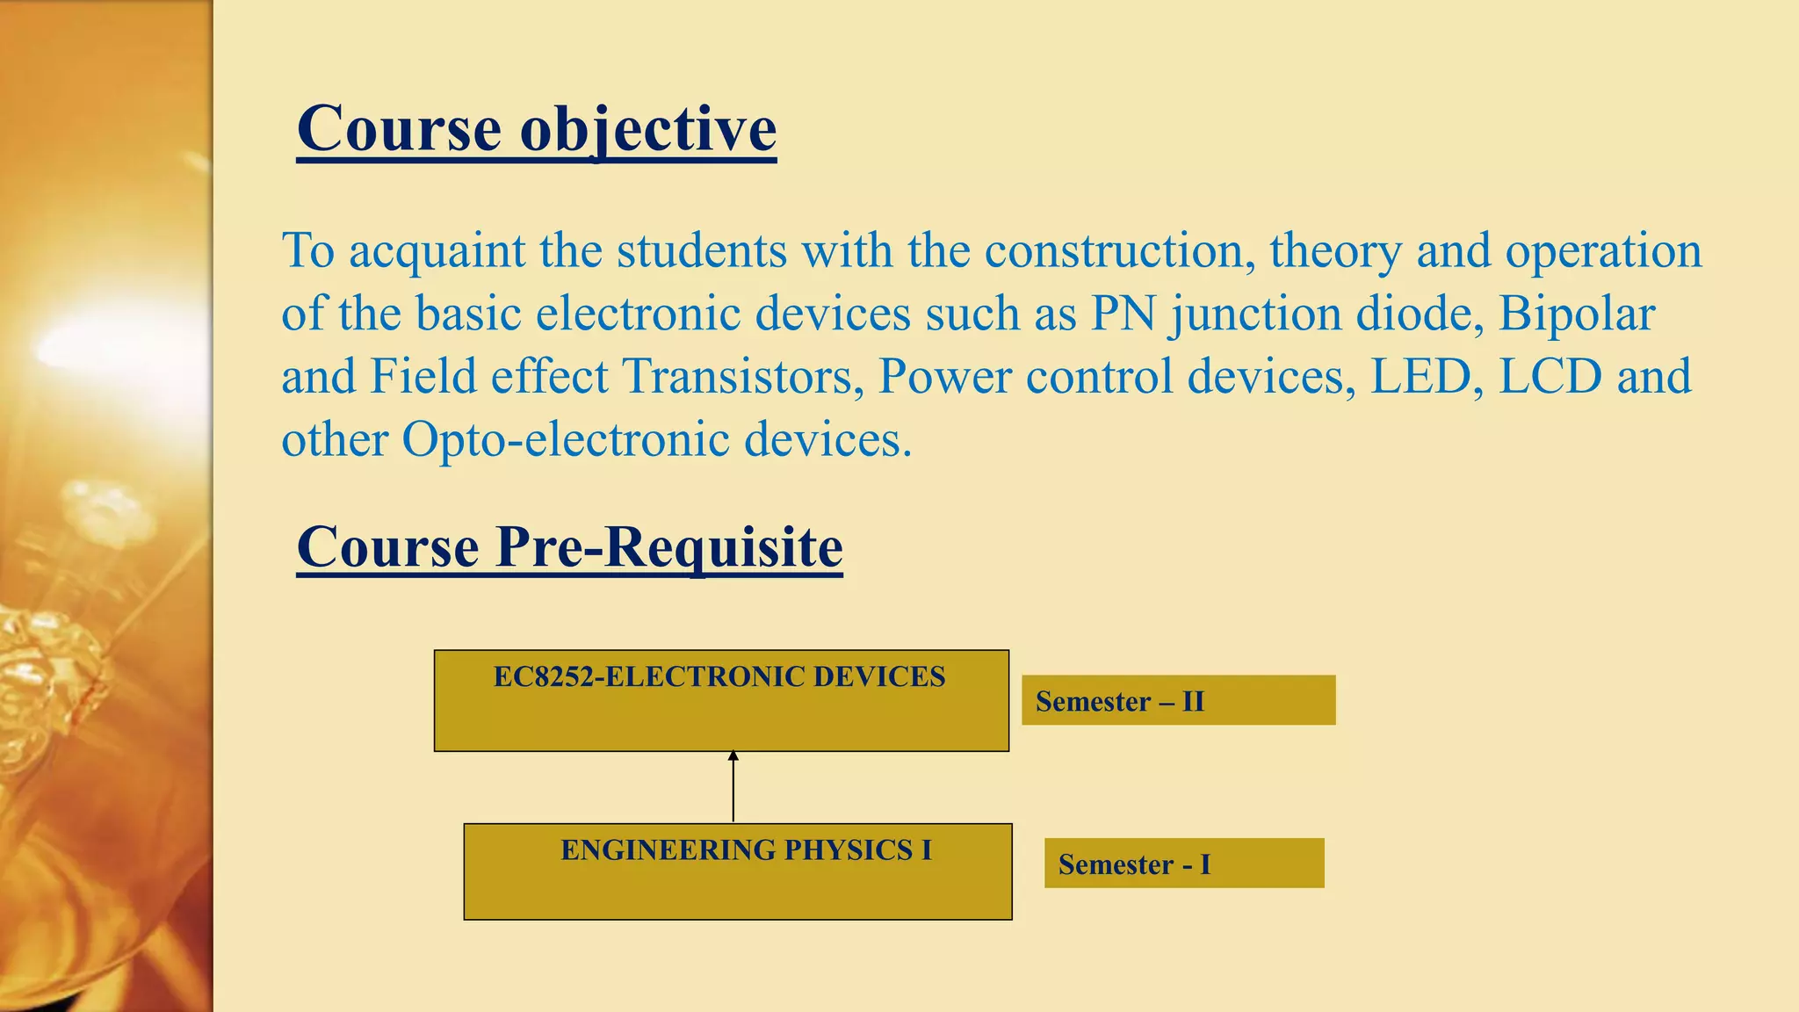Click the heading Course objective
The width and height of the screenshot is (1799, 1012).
[x=536, y=129]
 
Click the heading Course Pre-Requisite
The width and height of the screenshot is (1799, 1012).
[x=569, y=547]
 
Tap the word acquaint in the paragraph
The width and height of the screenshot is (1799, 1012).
[x=437, y=250]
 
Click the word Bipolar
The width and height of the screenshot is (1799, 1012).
[x=1576, y=314]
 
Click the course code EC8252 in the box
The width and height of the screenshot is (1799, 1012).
[x=539, y=677]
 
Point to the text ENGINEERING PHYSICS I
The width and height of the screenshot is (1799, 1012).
[x=746, y=850]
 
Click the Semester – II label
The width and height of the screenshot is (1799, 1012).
[x=1119, y=702]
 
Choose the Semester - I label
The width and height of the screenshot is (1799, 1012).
[x=1133, y=864]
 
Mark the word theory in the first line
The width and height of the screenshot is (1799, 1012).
[x=1335, y=252]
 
